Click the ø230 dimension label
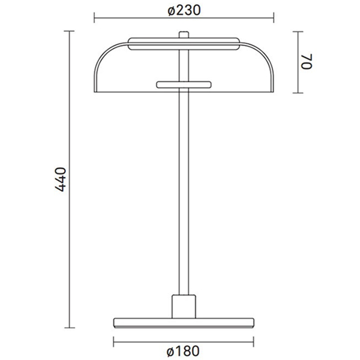pos(184,10)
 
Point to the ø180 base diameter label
pos(184,350)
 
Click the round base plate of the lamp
pos(184,322)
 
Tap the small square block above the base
pos(184,306)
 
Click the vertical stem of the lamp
pos(184,192)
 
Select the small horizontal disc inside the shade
pos(184,84)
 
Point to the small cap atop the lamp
pos(184,34)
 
